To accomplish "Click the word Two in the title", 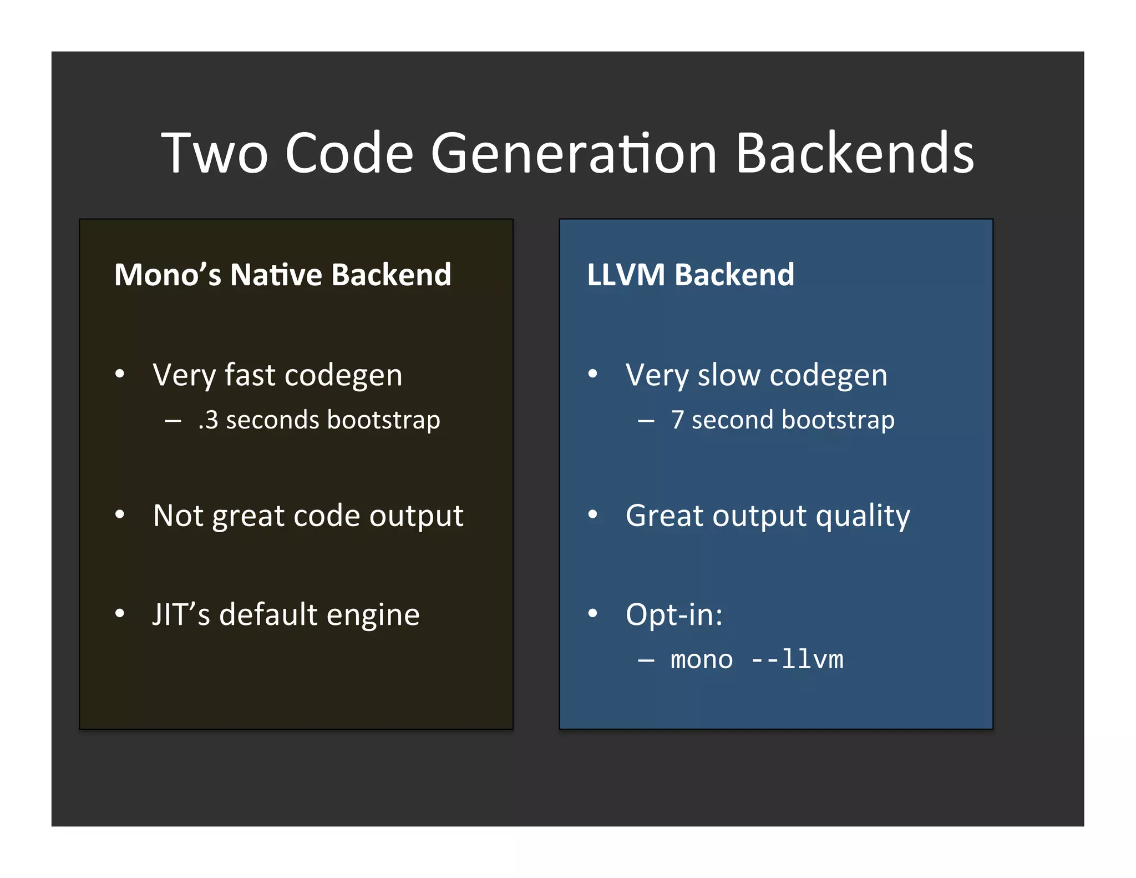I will click(215, 153).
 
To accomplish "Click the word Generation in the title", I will click(574, 153).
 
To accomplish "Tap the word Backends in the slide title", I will click(855, 153).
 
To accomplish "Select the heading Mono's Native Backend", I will click(282, 275).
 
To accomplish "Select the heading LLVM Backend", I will click(691, 275).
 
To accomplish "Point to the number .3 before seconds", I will click(209, 420).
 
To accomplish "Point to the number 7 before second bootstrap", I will click(677, 420).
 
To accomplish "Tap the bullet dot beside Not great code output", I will click(120, 515).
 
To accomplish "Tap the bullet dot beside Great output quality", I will click(593, 515).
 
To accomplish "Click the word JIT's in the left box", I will click(181, 614).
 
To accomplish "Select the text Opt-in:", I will click(674, 615).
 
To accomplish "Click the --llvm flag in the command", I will click(797, 660).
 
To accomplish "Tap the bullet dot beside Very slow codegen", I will click(593, 374).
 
